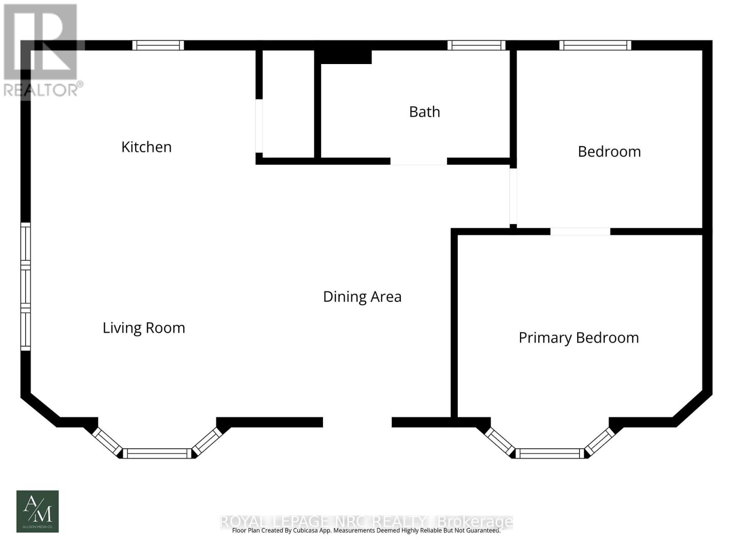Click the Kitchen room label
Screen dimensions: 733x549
point(146,147)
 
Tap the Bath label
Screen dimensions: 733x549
point(424,112)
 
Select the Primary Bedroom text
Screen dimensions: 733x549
point(579,338)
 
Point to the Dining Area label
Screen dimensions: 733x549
point(362,296)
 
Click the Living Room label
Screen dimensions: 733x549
point(143,328)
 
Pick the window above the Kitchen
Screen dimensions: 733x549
point(158,45)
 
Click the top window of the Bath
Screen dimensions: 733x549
point(476,45)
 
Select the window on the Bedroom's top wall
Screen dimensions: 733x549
point(595,45)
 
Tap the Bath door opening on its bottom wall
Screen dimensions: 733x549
point(418,161)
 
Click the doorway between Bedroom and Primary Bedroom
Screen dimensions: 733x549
point(580,231)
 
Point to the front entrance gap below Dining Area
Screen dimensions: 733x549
point(357,422)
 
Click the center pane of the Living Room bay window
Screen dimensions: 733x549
point(157,453)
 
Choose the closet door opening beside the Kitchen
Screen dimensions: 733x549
point(259,126)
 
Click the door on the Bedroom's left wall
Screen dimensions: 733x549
point(513,196)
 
